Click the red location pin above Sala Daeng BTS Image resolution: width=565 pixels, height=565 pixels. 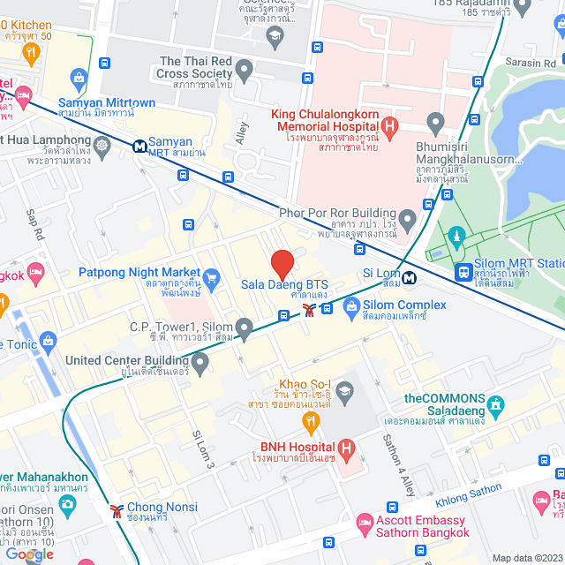[282, 264]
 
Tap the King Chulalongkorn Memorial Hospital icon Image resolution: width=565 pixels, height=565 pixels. [389, 129]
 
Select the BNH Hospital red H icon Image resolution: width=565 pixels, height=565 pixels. [347, 450]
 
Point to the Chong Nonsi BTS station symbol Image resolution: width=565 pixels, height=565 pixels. [117, 510]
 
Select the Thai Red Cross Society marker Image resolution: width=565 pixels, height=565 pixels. [245, 69]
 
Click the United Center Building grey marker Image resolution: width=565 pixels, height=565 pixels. [200, 362]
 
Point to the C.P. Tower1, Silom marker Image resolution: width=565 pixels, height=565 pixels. [245, 328]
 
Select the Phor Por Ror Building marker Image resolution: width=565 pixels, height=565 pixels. [407, 217]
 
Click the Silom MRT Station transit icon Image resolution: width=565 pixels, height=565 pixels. [462, 273]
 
